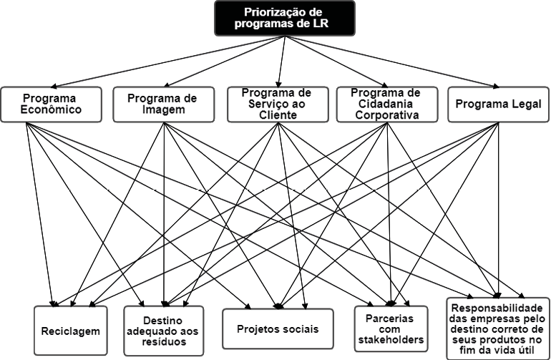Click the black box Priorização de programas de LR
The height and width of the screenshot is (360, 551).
point(284,18)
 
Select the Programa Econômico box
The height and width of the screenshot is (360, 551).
point(50,104)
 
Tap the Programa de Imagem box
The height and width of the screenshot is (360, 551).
point(163,104)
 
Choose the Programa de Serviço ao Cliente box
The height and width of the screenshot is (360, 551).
point(275,104)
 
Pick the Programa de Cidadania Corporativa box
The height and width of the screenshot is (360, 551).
point(386,104)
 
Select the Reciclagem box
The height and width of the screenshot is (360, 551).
point(70,331)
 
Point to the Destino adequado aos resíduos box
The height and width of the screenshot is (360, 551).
point(164,331)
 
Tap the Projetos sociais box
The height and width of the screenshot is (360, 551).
point(278,329)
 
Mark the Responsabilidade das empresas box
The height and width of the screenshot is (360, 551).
point(498,327)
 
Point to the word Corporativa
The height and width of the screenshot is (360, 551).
point(386,115)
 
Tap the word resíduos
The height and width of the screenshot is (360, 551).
point(164,342)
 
